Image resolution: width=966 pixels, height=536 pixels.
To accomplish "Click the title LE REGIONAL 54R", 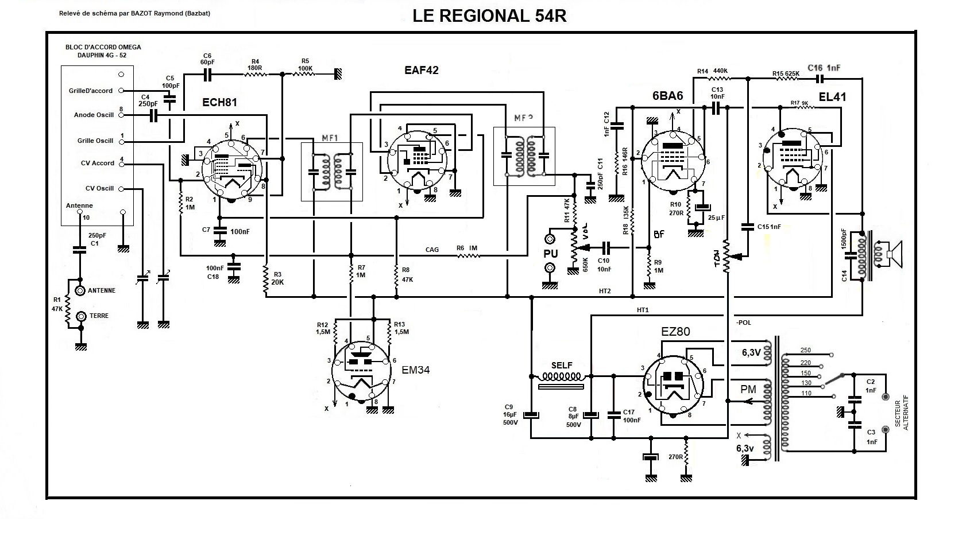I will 489,16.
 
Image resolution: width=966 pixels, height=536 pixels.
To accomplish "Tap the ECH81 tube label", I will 219,103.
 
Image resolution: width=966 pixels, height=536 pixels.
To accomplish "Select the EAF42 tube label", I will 421,70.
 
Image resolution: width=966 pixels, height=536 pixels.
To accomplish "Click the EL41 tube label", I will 832,96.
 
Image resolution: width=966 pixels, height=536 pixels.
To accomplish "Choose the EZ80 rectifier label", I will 675,332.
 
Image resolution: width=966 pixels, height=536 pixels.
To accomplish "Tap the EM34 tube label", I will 415,370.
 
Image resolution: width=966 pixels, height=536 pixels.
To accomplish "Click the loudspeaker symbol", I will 894,254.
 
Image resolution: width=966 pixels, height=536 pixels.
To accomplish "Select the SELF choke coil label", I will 562,366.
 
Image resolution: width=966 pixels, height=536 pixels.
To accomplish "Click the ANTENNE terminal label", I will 102,290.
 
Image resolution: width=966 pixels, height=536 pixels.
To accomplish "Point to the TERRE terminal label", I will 99,316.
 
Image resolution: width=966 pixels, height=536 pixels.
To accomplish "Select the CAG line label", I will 432,250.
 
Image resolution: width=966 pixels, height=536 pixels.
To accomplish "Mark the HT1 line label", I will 643,310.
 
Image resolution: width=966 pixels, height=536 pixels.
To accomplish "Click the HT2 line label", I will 605,292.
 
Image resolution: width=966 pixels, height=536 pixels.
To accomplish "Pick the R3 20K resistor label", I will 278,278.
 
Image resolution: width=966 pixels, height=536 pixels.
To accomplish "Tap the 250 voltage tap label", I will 805,350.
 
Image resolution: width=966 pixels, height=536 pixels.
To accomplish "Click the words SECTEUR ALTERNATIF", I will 905,411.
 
